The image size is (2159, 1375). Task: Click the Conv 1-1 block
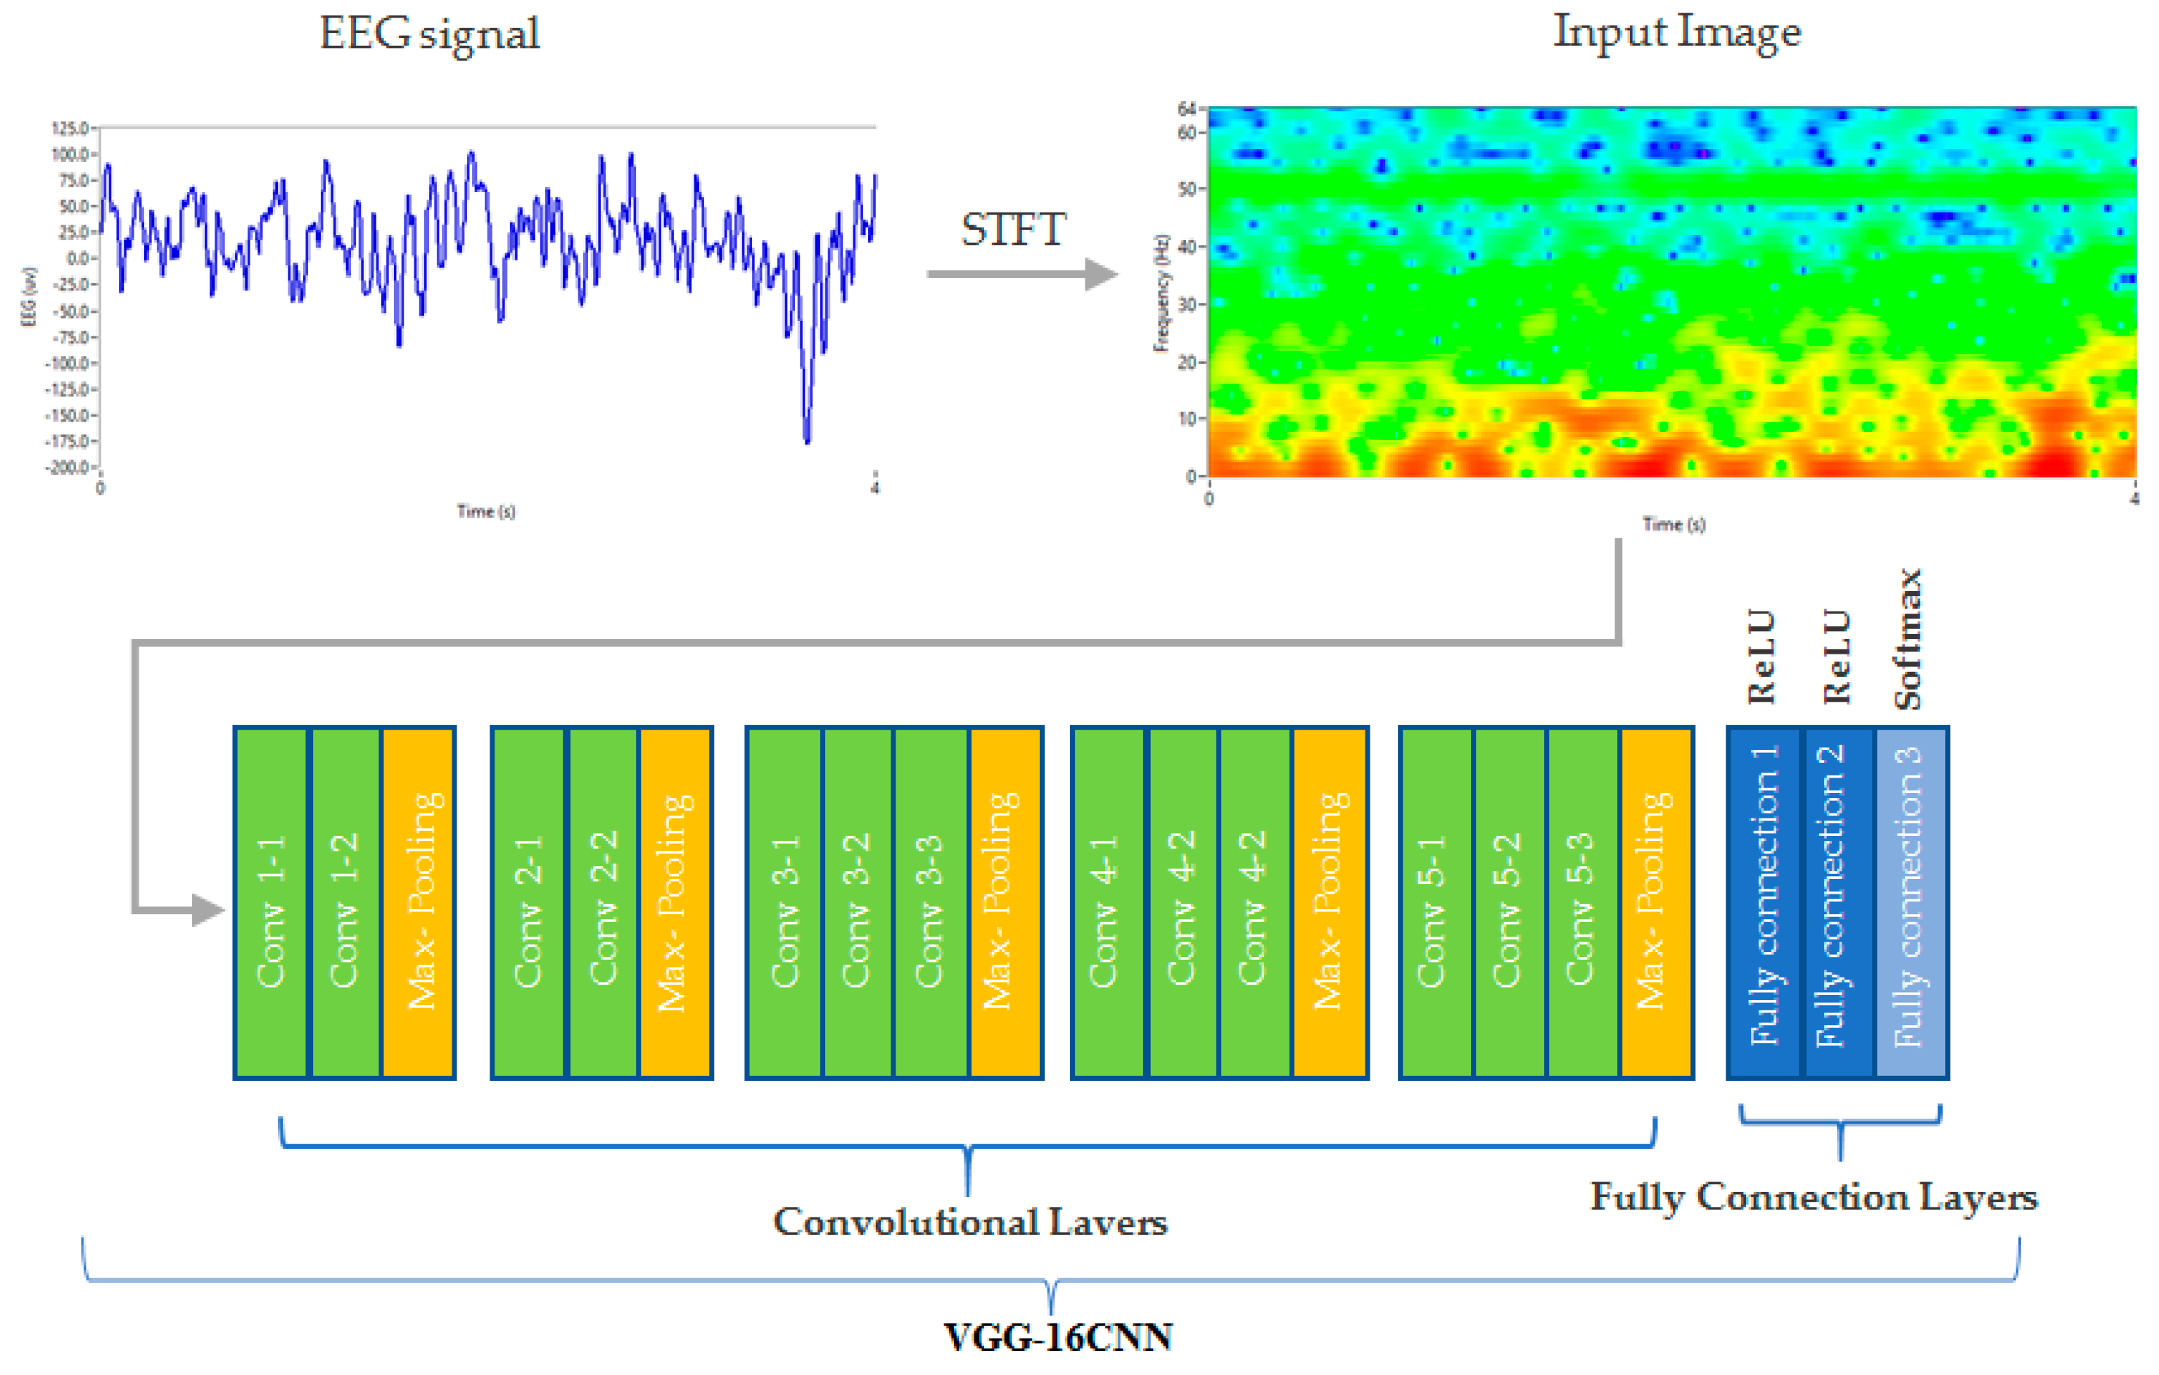coord(271,901)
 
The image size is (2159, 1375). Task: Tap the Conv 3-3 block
coord(930,901)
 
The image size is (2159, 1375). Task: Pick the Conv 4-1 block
coord(1108,901)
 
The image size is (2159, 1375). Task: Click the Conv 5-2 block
coord(1509,901)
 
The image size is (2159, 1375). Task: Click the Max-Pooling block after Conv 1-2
coord(419,901)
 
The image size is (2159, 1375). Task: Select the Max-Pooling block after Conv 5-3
coord(1656,901)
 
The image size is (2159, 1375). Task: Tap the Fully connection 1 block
coord(1764,901)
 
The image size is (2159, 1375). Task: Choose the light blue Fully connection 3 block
coord(1911,901)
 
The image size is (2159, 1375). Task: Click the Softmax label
coord(1908,639)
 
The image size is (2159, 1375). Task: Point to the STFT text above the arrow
coord(1013,229)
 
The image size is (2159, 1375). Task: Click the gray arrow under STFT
coord(1022,274)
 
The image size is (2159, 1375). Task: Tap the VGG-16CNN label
coord(1058,1337)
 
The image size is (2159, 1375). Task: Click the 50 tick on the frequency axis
coord(1187,189)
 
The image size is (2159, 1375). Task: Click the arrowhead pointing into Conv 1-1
coord(208,911)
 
